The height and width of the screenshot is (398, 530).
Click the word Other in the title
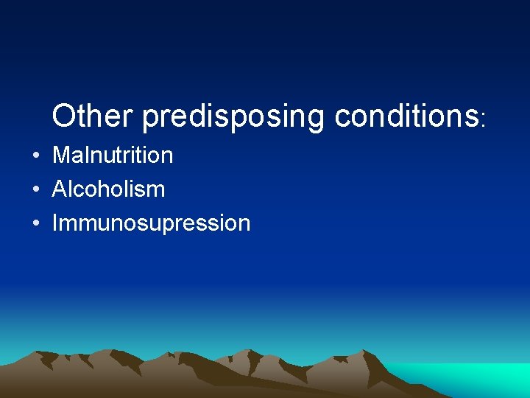point(92,116)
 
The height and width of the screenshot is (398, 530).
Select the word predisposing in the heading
point(233,117)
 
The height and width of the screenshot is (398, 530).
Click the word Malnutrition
point(113,156)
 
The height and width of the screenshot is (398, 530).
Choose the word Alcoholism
point(108,189)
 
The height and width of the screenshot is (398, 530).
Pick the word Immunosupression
point(151,223)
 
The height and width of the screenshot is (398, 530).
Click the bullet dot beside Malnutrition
point(35,156)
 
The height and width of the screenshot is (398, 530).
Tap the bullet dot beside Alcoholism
point(35,190)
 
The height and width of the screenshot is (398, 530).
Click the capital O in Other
point(64,116)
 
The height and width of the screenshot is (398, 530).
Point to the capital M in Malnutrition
point(60,156)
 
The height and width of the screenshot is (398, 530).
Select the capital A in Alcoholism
point(59,189)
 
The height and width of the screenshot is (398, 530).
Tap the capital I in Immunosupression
point(54,223)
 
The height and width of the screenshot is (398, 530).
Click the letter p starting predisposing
point(149,119)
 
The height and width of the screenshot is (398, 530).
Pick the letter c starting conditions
point(342,117)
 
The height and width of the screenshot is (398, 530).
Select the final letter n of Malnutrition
point(167,157)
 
